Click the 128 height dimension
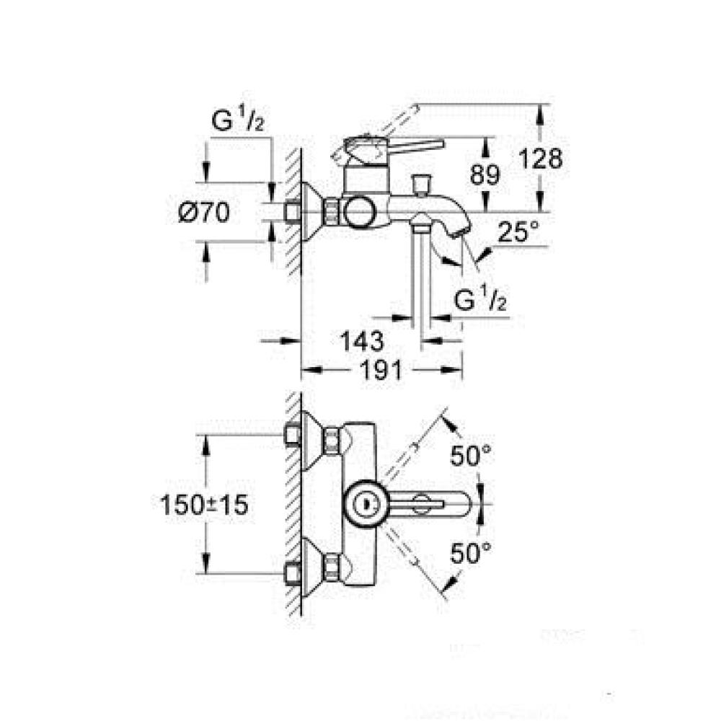point(540,159)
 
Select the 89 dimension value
point(485,174)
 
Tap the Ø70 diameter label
point(204,213)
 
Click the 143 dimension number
point(361,341)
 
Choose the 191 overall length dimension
point(380,370)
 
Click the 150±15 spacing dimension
point(204,505)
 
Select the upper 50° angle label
point(470,456)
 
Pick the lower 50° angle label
point(470,553)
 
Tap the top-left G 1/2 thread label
point(238,119)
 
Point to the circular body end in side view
point(360,212)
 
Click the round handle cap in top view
point(367,504)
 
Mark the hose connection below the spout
point(420,222)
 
